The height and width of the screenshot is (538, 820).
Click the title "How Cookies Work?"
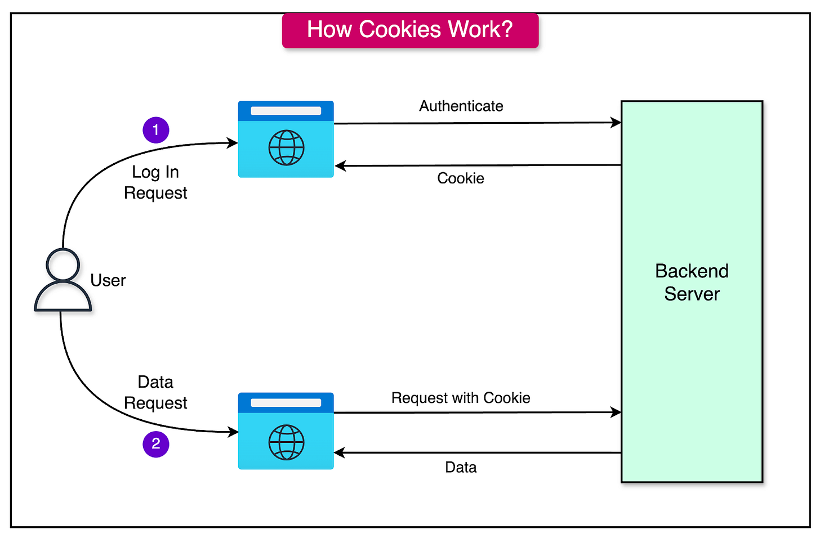point(410,30)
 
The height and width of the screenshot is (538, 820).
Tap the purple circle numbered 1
point(156,131)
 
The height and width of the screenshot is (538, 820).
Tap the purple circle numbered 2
point(156,444)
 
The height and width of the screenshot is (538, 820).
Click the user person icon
point(63,280)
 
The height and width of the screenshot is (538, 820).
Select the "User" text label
point(108,280)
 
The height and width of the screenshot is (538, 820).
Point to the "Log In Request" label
point(155,182)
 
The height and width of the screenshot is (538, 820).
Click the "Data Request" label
point(155,392)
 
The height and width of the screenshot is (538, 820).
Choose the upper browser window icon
point(286,139)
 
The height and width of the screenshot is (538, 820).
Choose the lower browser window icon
point(286,431)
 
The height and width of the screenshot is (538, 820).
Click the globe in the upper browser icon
point(286,148)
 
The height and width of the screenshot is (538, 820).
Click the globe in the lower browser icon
point(286,442)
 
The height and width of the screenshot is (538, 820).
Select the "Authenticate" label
point(461,106)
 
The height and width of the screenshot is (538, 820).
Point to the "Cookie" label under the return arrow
point(461,178)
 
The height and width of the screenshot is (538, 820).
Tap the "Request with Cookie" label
point(461,398)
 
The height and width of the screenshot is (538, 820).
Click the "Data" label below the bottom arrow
point(461,468)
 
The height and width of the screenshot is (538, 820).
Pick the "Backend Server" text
point(692,283)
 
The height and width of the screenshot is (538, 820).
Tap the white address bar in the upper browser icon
point(286,111)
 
